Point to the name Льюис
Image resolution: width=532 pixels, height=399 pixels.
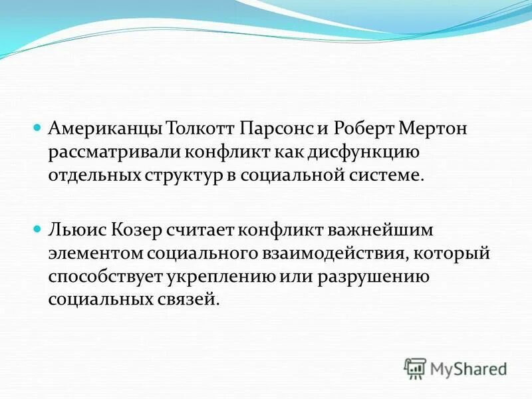[x=72, y=230]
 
